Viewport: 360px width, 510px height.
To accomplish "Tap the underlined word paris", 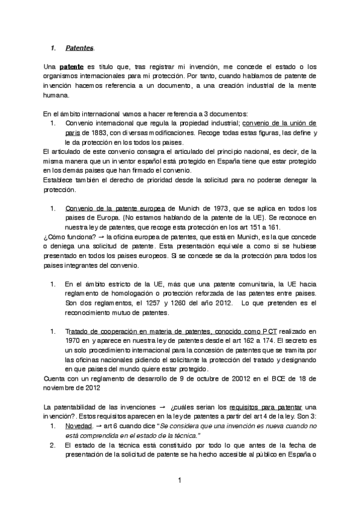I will click(73, 132).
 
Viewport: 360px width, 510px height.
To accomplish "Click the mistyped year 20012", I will click(227, 378).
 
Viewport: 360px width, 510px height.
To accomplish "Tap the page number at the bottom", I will click(179, 481).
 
